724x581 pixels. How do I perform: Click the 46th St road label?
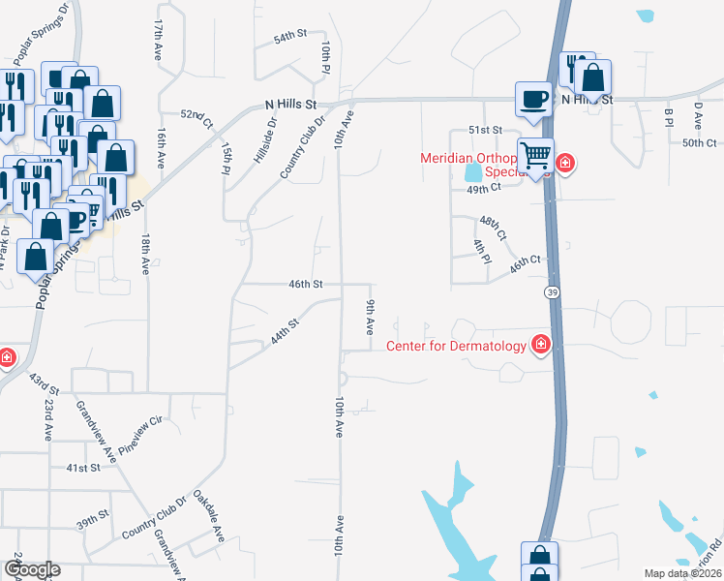coord(305,284)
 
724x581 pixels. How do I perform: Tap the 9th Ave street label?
coord(370,318)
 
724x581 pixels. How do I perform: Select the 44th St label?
coord(286,335)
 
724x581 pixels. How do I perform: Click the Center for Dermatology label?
coord(457,346)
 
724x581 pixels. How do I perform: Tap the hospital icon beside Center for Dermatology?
coord(540,345)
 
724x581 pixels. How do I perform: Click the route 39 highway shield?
coord(551,291)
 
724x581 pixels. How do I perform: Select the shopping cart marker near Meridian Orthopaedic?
coord(534,155)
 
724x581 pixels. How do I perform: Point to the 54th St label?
coord(289,35)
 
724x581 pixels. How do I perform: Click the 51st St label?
coord(485,130)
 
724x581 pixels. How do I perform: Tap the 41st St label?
coord(83,468)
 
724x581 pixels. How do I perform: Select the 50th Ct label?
coord(698,143)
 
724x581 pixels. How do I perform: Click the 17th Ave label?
coord(158,39)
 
